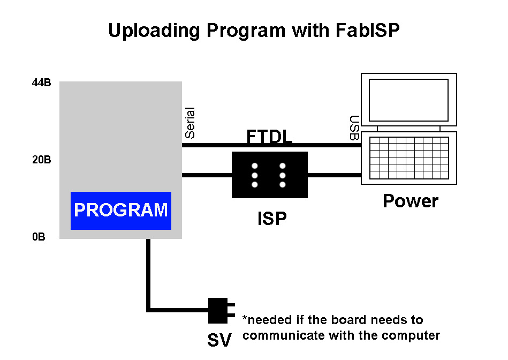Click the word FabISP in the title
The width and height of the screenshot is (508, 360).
(x=367, y=31)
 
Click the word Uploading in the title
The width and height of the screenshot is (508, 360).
(x=154, y=31)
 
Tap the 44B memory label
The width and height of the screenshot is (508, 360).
(x=41, y=82)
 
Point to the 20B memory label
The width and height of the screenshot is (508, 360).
(x=41, y=160)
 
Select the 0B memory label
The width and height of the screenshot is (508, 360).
(x=39, y=237)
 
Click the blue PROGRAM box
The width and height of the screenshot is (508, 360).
(x=121, y=211)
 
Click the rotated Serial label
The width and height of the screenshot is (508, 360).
(x=190, y=123)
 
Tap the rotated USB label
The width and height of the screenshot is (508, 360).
(x=354, y=128)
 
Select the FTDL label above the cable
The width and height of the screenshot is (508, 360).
(x=269, y=136)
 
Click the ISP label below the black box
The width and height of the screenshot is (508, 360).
(x=272, y=218)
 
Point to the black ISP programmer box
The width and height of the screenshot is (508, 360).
(x=270, y=175)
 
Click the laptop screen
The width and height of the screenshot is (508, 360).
(x=408, y=100)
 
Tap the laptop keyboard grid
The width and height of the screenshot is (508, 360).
(x=409, y=158)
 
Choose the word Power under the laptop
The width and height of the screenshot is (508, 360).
(x=411, y=201)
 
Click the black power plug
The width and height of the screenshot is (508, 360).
(x=221, y=310)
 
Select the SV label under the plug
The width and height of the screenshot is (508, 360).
(x=219, y=340)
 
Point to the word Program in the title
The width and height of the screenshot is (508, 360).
(x=246, y=31)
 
